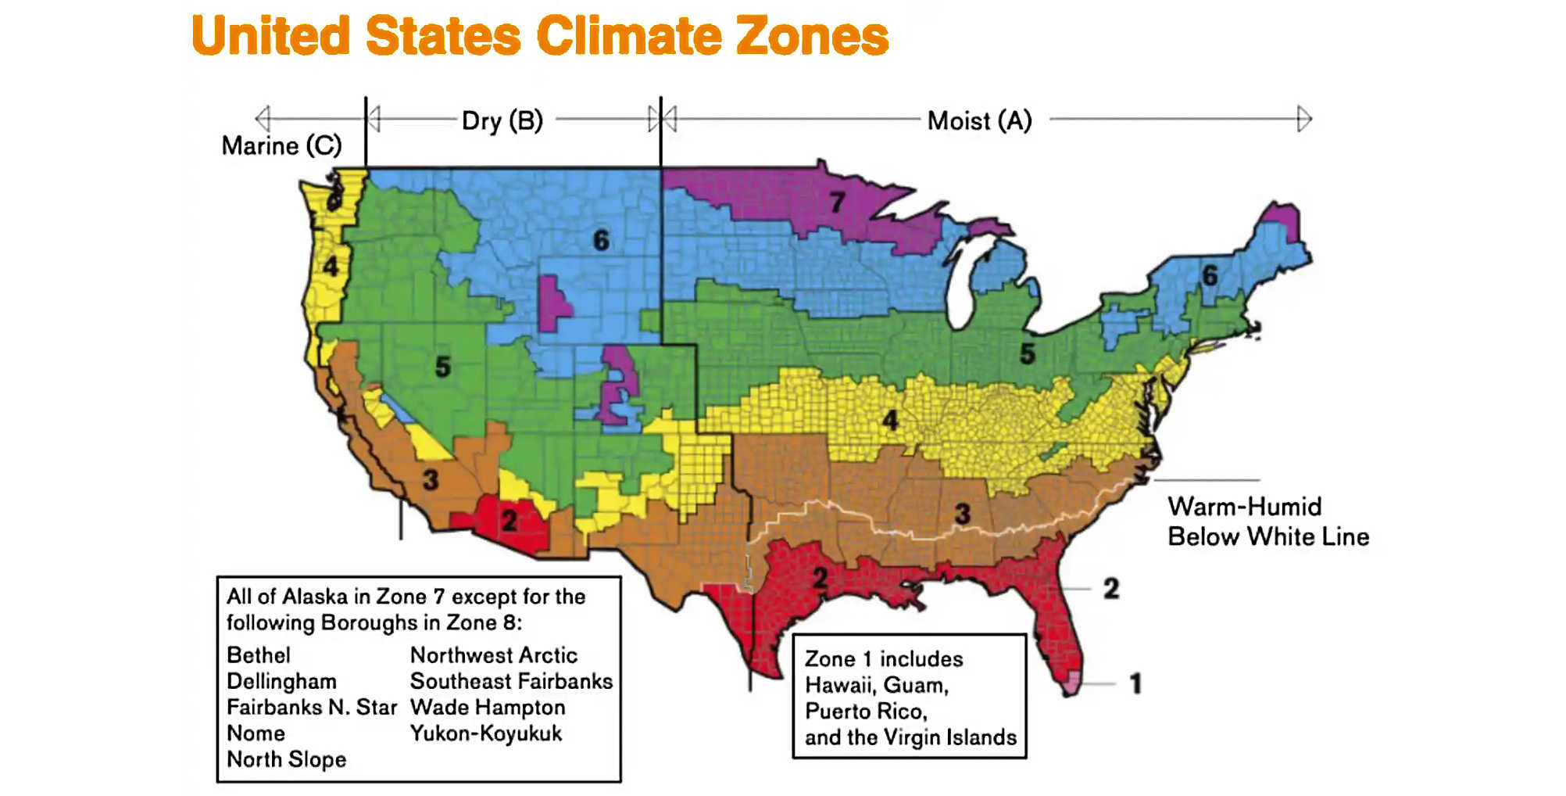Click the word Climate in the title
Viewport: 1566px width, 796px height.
pos(629,36)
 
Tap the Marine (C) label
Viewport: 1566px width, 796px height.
pos(281,145)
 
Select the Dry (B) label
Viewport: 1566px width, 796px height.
pos(502,121)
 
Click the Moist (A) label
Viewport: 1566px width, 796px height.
pos(979,121)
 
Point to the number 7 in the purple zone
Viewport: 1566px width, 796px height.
pos(837,203)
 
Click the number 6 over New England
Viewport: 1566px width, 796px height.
pos(1210,275)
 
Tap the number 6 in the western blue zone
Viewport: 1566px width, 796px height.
pos(600,240)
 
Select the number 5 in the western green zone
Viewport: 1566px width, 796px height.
pos(442,366)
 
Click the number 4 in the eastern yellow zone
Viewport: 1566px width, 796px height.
pos(890,421)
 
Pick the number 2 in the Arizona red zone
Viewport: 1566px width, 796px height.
pos(509,520)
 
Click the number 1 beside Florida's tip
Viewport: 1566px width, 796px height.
pos(1135,684)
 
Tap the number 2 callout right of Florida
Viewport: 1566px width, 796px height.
pos(1111,589)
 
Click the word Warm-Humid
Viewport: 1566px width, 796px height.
pos(1244,507)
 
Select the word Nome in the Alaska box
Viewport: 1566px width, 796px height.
pos(256,733)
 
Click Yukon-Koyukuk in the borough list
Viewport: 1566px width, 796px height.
pos(485,733)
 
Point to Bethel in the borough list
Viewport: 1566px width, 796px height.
pos(258,655)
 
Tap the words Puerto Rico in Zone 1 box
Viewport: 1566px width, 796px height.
pos(865,712)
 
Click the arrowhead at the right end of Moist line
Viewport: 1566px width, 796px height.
pos(1304,119)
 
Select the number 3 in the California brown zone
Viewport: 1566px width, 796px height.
pos(430,479)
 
